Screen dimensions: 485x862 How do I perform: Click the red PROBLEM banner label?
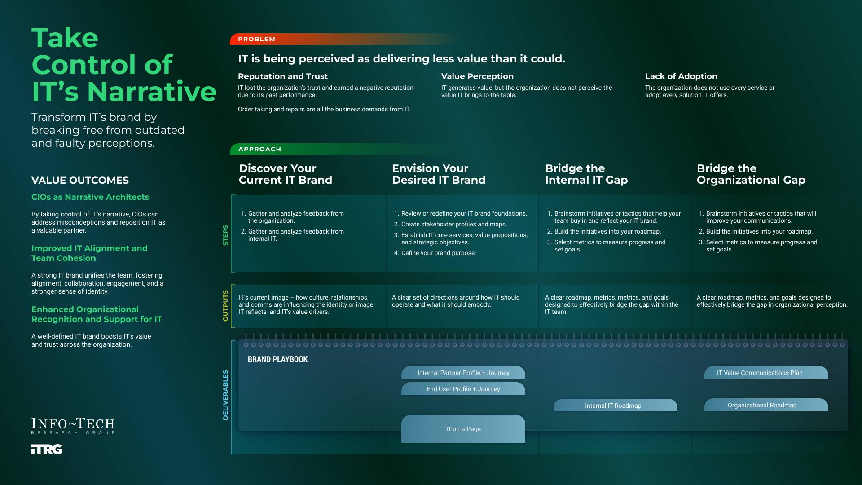[x=257, y=39]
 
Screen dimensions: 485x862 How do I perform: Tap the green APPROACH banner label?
[x=259, y=149]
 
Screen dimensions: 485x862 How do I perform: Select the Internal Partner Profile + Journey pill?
[x=463, y=373]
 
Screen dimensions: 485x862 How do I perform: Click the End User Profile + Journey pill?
[x=463, y=389]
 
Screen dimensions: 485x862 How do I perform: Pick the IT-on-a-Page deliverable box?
[x=463, y=429]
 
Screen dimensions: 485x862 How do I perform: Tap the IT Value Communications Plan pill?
[x=766, y=373]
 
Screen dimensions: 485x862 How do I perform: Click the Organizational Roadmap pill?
[x=766, y=405]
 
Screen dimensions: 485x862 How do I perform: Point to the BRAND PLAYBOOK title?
[x=277, y=359]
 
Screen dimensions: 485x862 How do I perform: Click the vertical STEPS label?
[x=225, y=235]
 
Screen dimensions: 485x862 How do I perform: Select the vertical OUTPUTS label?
[x=225, y=306]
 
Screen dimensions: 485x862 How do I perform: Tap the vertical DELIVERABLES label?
[x=225, y=395]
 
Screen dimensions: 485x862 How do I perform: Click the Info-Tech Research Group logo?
[x=73, y=425]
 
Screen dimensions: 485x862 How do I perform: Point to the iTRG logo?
[x=47, y=450]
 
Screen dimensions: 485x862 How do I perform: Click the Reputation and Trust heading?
[x=283, y=76]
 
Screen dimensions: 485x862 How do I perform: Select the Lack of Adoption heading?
[x=681, y=76]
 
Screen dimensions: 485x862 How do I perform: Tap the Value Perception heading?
[x=477, y=76]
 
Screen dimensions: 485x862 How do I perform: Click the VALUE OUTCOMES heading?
[x=80, y=180]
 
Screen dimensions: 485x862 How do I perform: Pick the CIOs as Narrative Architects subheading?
[x=90, y=197]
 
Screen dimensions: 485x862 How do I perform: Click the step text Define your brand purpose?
[x=438, y=253]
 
